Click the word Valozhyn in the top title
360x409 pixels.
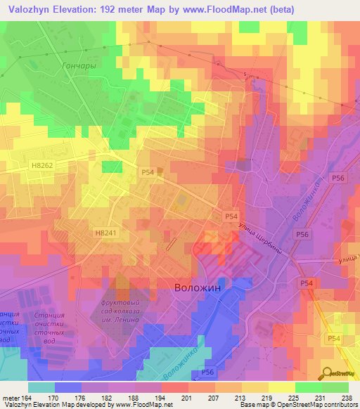[x=28, y=9]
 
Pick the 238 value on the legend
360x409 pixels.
[x=347, y=397]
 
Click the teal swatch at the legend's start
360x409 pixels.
[x=41, y=387]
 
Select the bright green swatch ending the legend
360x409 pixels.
[x=335, y=387]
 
